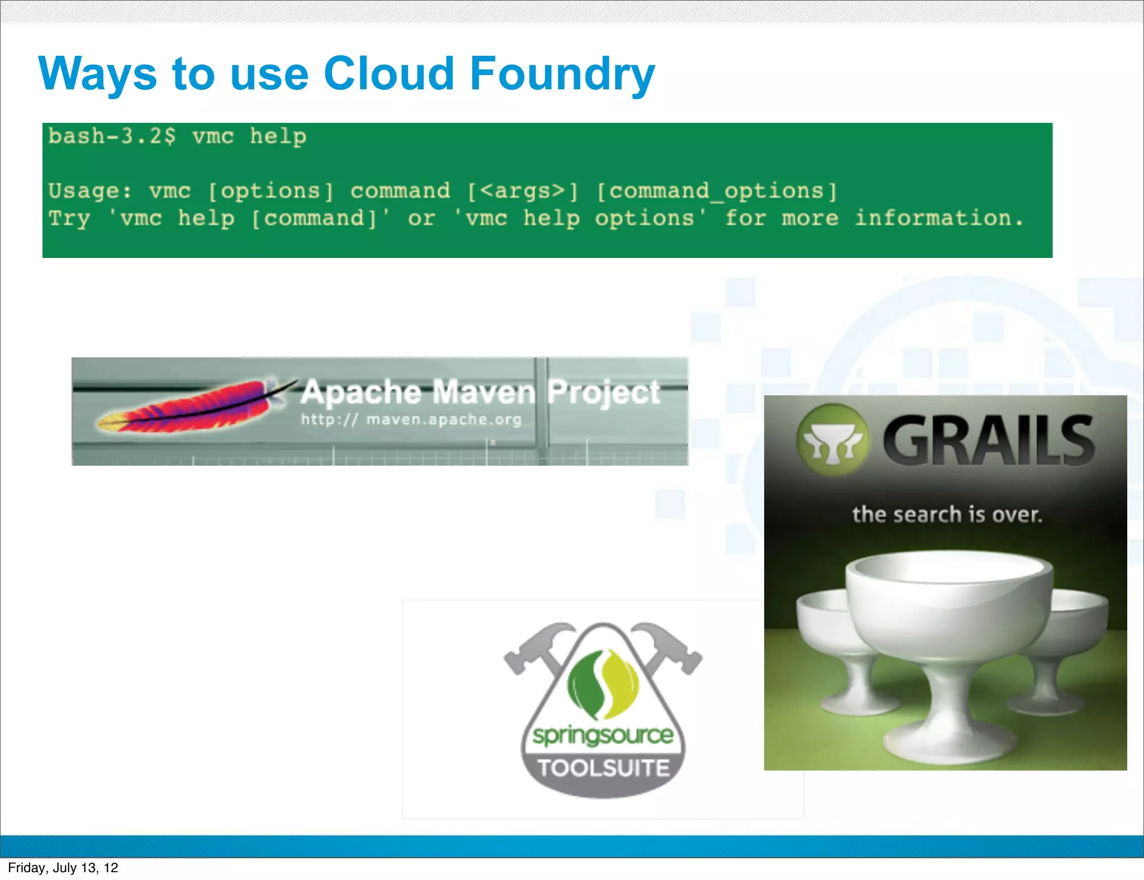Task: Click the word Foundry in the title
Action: point(561,74)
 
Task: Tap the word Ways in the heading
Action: point(97,74)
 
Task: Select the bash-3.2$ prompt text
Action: point(112,137)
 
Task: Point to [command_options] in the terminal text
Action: point(717,192)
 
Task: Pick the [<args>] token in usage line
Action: point(522,192)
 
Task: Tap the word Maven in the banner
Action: point(484,392)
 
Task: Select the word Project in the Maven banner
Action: point(604,392)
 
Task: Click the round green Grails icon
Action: point(832,440)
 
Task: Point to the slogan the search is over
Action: point(947,514)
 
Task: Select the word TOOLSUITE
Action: point(603,768)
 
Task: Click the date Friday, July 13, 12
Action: point(63,868)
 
